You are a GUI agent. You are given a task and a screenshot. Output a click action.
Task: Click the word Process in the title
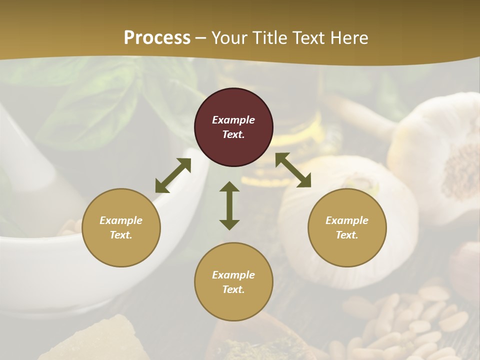(x=157, y=38)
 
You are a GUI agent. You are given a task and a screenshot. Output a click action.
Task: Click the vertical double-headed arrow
(x=229, y=205)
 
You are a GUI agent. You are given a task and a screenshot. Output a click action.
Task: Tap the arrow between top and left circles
(x=173, y=175)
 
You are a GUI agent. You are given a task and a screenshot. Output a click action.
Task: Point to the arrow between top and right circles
(x=293, y=170)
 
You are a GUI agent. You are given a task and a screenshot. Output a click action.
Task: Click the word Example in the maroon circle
(x=233, y=120)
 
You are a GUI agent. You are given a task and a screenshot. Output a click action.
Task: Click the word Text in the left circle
(x=121, y=235)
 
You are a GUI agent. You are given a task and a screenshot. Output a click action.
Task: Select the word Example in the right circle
(x=347, y=220)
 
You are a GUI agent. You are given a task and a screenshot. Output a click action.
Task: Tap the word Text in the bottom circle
(x=233, y=289)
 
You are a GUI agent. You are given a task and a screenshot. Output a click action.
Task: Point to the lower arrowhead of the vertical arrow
(x=229, y=224)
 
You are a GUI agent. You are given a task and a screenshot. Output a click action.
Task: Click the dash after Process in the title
(x=201, y=38)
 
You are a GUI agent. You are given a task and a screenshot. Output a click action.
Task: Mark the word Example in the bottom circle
(x=233, y=275)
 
